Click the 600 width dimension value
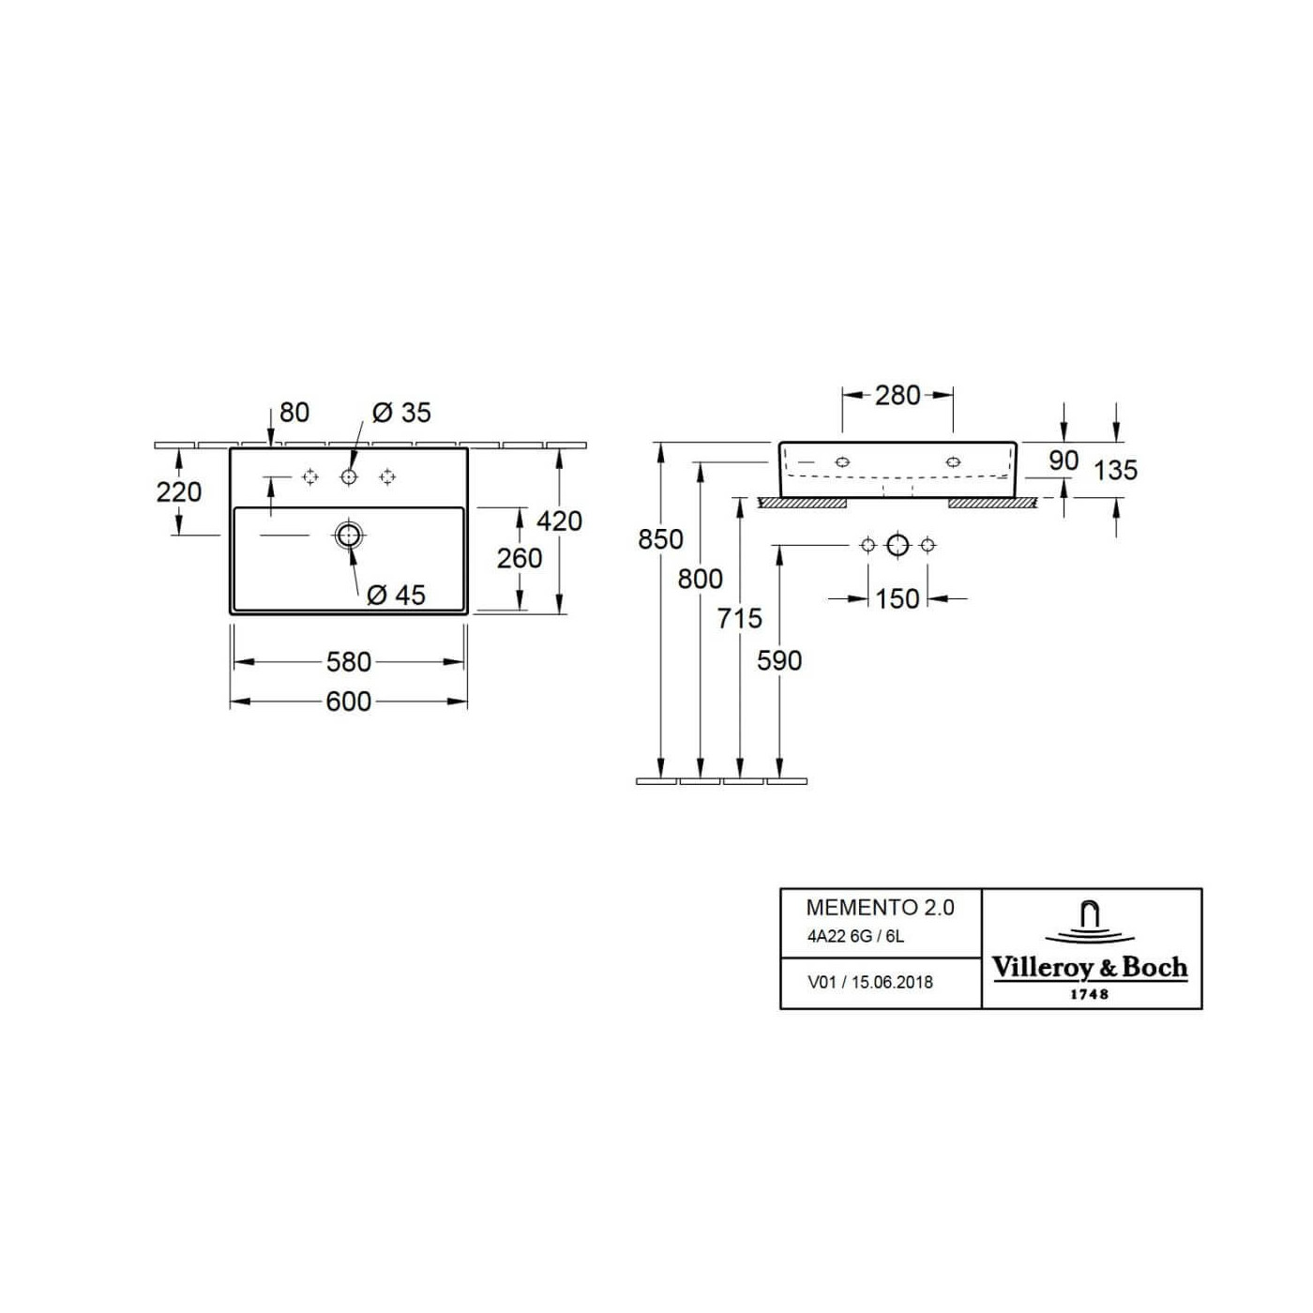click(x=348, y=702)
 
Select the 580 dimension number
click(x=348, y=661)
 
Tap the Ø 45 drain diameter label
click(x=396, y=595)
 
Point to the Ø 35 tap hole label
click(x=402, y=413)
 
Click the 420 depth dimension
click(x=559, y=521)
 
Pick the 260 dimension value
click(x=520, y=559)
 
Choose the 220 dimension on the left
click(x=179, y=492)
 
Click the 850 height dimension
click(x=660, y=539)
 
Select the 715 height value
click(x=739, y=619)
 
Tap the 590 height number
click(x=779, y=660)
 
